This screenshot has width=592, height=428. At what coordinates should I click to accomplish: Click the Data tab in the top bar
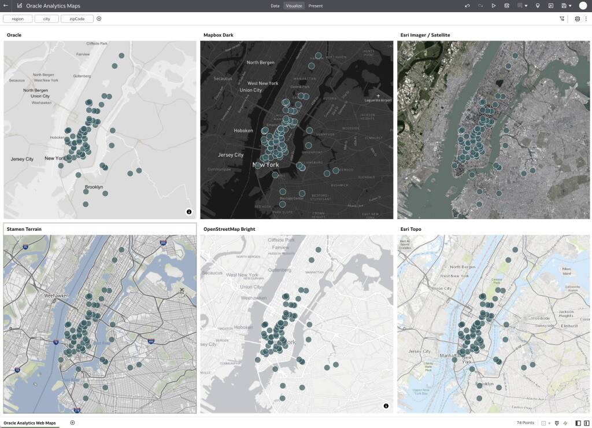[275, 6]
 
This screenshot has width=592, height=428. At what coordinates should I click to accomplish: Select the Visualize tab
[294, 6]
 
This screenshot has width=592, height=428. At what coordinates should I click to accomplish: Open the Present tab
[316, 6]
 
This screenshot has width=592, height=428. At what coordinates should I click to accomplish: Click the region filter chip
[17, 19]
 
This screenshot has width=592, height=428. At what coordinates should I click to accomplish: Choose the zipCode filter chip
[77, 19]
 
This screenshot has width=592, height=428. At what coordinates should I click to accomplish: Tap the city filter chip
[47, 19]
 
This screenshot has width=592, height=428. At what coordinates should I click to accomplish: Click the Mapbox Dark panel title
[219, 35]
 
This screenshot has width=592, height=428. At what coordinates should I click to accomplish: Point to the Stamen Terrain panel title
[24, 230]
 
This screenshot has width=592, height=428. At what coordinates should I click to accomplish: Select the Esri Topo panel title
[410, 230]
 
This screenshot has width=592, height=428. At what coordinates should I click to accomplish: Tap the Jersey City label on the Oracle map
[22, 159]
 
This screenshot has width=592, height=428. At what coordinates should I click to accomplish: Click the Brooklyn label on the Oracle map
[94, 187]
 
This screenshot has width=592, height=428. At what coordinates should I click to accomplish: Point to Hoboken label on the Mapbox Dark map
[243, 131]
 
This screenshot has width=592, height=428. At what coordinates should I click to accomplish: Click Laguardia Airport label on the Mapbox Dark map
[379, 100]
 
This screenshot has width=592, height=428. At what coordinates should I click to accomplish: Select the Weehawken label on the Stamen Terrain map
[57, 296]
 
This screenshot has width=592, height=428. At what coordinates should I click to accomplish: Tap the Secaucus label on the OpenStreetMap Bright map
[212, 272]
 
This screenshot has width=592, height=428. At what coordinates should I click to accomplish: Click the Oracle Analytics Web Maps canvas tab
[30, 423]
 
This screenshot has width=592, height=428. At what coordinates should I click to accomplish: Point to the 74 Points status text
[525, 423]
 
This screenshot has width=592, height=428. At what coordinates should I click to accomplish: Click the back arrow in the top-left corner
[6, 6]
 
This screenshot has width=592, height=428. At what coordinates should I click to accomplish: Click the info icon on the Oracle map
[189, 212]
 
